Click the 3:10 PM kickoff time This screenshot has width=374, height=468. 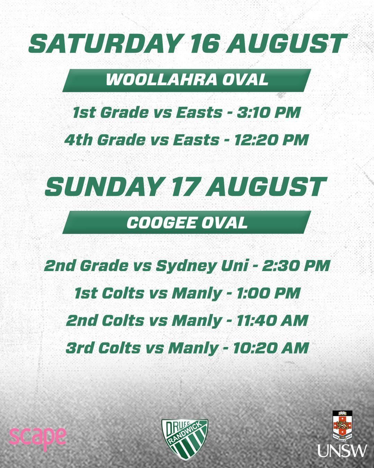point(268,113)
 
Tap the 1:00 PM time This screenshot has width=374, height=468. point(269,293)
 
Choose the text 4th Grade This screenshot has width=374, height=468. point(105,140)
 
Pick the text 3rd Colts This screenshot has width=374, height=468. point(103,348)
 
